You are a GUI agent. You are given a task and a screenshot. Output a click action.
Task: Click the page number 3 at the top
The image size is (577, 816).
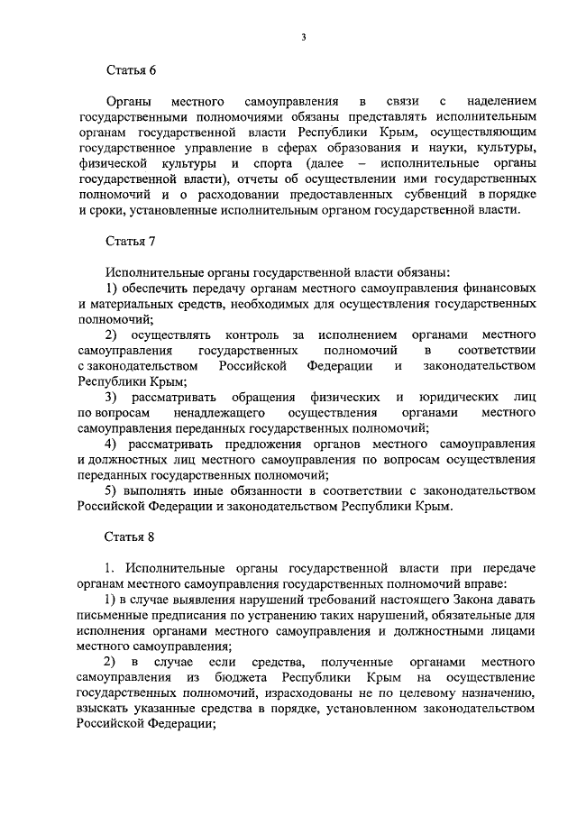pyautogui.click(x=304, y=36)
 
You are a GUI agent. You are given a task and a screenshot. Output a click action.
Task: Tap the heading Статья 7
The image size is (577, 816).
pyautogui.click(x=131, y=241)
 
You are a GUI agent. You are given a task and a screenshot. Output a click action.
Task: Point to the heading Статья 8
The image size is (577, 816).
pyautogui.click(x=131, y=537)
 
